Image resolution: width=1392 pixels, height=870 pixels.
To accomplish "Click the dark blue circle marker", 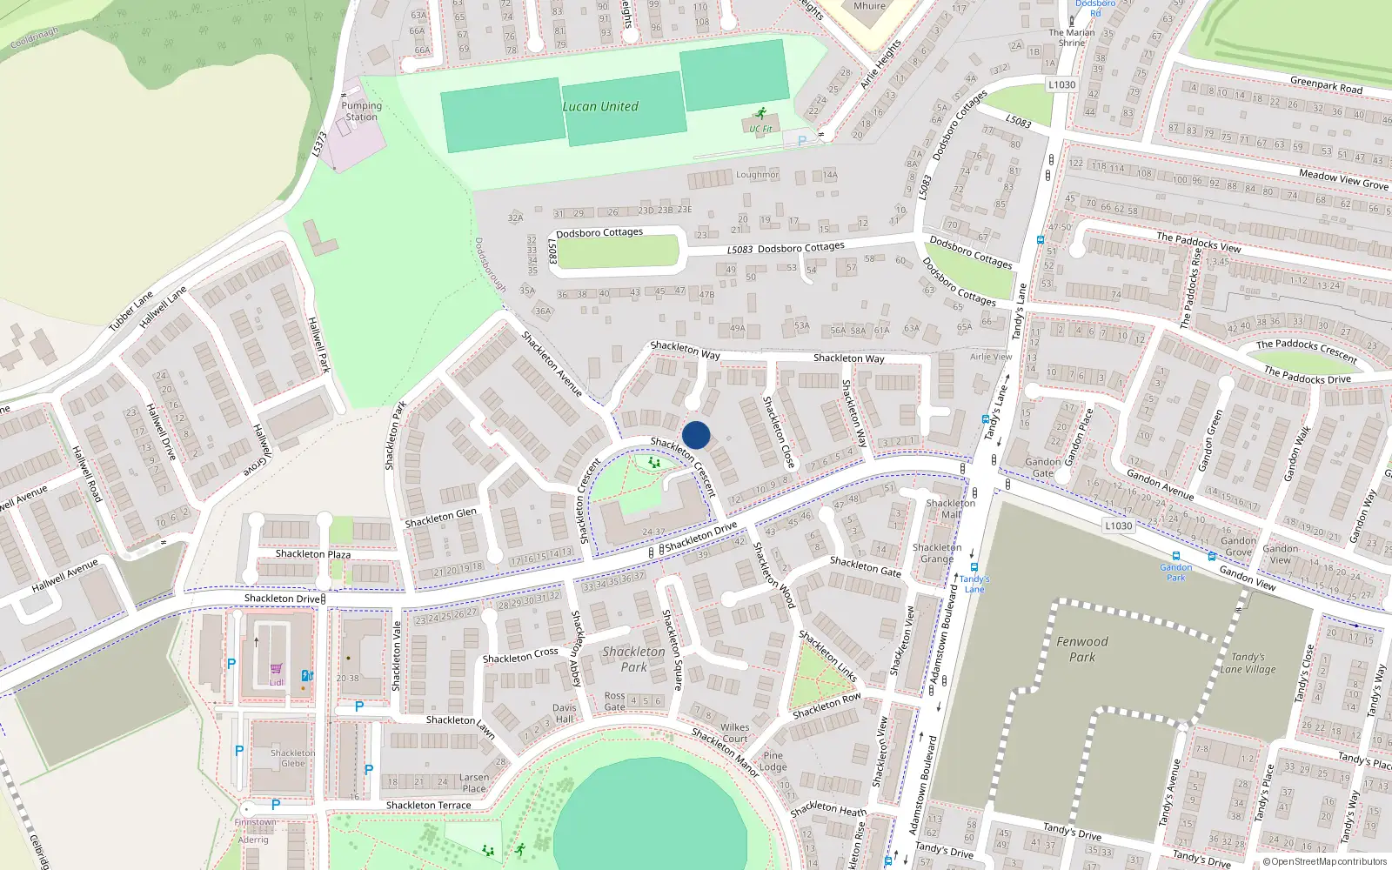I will (696, 435).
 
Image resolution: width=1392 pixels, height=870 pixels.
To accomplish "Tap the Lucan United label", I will (600, 106).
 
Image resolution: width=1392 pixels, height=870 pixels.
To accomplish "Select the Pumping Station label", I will (361, 111).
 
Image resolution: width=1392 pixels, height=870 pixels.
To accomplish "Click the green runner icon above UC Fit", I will (762, 114).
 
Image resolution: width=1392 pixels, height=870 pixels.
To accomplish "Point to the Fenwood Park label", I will (1082, 649).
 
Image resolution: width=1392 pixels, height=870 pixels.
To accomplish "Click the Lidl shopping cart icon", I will (277, 668).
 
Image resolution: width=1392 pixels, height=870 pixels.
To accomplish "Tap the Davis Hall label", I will (565, 713).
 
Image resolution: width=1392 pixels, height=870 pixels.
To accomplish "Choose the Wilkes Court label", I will (735, 733).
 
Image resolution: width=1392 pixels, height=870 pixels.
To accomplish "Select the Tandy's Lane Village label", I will (1248, 663).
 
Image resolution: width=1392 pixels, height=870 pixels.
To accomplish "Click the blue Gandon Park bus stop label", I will (1176, 572).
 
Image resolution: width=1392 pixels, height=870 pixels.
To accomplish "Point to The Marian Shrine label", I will (1072, 37).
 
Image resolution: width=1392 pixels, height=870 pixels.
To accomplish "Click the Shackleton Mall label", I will (951, 508).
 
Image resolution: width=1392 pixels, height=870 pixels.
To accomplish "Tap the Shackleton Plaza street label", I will (313, 554).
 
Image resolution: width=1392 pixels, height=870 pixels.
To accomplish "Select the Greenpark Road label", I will (1326, 85).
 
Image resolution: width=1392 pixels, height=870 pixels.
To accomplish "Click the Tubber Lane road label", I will (130, 311).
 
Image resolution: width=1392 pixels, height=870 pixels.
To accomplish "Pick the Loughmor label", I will (758, 175).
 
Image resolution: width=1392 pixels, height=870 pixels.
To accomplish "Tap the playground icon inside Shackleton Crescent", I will (654, 463).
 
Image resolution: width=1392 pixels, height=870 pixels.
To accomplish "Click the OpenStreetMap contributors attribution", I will (1325, 861).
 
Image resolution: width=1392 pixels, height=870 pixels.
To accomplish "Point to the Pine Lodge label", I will (773, 761).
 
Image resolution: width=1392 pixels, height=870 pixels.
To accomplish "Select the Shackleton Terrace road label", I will (428, 806).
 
